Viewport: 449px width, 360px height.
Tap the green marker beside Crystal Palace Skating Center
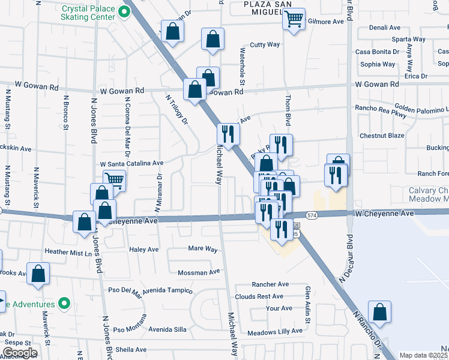click(125, 11)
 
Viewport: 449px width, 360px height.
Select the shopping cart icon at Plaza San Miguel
click(294, 19)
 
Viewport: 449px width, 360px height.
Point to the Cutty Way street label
click(265, 44)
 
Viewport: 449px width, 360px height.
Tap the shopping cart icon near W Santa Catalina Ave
click(113, 179)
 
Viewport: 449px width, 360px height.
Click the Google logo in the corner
click(19, 353)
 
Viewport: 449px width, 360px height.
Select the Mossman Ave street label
click(199, 272)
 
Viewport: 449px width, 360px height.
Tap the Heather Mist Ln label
click(66, 253)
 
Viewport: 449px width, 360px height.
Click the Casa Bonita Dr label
click(379, 52)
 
